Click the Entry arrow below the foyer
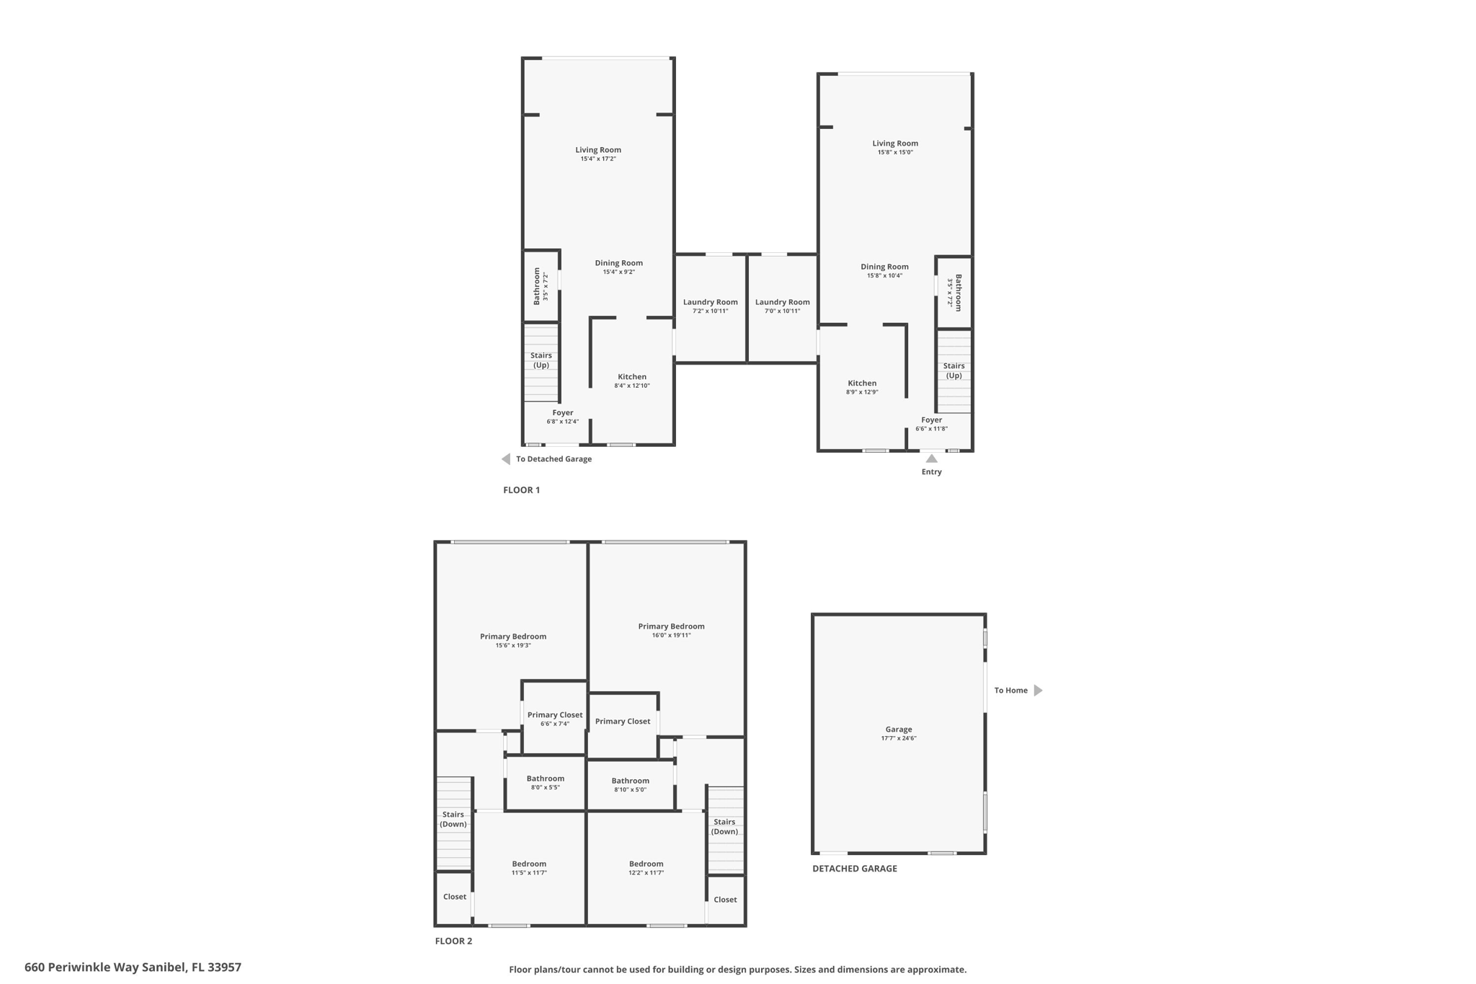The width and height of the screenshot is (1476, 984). click(x=931, y=458)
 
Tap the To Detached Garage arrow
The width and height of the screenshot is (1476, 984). click(x=506, y=459)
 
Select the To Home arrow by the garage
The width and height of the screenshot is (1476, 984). click(x=1038, y=691)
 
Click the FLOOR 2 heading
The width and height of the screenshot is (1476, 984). click(x=453, y=941)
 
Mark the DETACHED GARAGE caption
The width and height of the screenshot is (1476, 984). click(x=855, y=869)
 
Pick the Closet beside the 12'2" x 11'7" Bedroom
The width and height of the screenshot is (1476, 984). click(x=725, y=900)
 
